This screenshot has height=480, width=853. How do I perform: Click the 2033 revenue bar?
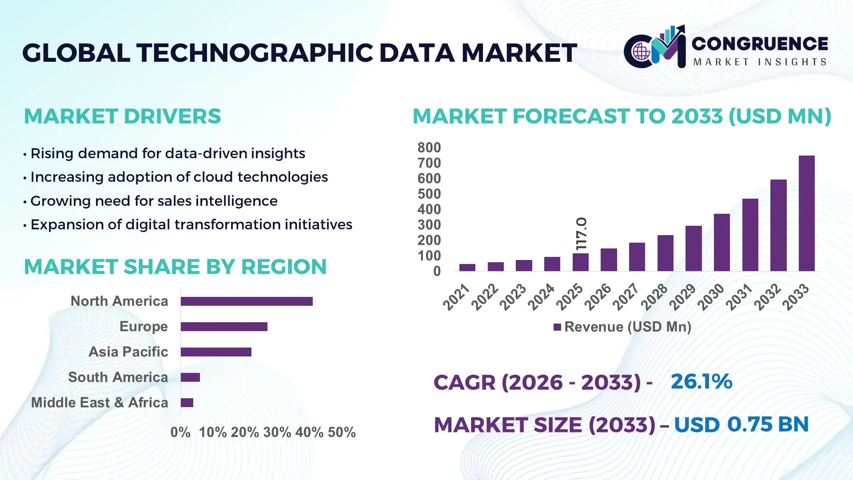(806, 213)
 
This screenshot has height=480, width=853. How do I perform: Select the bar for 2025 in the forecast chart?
(580, 262)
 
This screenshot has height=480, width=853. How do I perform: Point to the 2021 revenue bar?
(467, 268)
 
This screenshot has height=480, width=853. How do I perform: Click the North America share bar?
(247, 301)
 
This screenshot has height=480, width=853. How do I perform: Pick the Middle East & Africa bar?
(187, 403)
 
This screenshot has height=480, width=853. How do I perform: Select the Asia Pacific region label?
(128, 352)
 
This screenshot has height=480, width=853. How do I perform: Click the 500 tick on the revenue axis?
(429, 194)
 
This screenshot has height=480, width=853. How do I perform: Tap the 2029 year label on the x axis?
(683, 296)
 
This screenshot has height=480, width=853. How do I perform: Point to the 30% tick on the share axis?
(277, 432)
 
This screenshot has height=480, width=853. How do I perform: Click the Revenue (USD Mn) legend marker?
(557, 327)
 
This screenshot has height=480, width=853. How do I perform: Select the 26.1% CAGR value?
(701, 381)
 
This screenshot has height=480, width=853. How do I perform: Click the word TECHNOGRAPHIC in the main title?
(255, 53)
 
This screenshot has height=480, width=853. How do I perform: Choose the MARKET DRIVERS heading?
(122, 116)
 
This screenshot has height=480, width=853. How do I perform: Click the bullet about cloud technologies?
(179, 177)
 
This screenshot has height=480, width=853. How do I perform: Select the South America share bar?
(190, 377)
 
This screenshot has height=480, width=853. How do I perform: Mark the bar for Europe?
(224, 327)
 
